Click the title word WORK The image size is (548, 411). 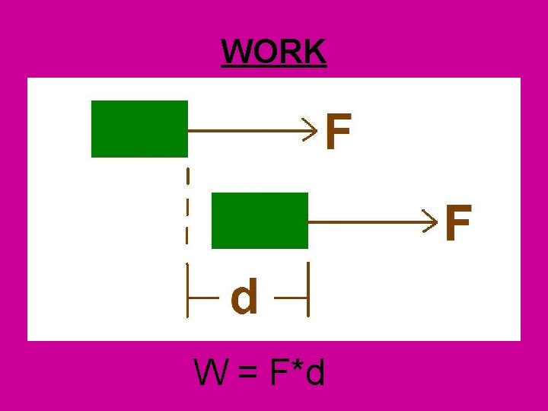[x=274, y=52]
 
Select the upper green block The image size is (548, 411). [x=139, y=129]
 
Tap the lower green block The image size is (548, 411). [x=260, y=221]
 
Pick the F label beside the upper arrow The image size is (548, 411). [x=338, y=132]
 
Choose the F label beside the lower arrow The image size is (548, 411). [x=457, y=223]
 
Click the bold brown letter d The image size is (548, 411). [x=244, y=297]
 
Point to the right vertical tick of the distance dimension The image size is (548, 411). [x=307, y=289]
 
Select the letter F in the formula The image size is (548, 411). [x=278, y=373]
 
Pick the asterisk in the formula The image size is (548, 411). [x=297, y=368]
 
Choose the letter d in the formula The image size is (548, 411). [x=316, y=373]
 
